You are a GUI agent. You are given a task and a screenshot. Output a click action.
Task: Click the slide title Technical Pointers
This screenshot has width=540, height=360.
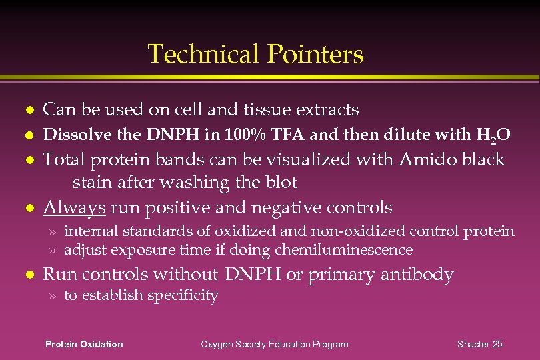tap(255, 54)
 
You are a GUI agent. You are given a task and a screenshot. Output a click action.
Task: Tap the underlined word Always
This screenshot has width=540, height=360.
tap(74, 208)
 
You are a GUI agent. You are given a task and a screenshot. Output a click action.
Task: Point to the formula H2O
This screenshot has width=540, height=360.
tap(494, 136)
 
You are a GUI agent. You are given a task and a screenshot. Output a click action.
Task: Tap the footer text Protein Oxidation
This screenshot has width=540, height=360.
tap(84, 344)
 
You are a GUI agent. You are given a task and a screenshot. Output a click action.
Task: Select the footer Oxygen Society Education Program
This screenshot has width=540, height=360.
tap(275, 344)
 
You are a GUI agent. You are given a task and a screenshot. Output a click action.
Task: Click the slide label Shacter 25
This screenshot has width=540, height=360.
tap(479, 344)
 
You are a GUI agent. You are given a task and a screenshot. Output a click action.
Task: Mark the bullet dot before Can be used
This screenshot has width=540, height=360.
tap(26, 110)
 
